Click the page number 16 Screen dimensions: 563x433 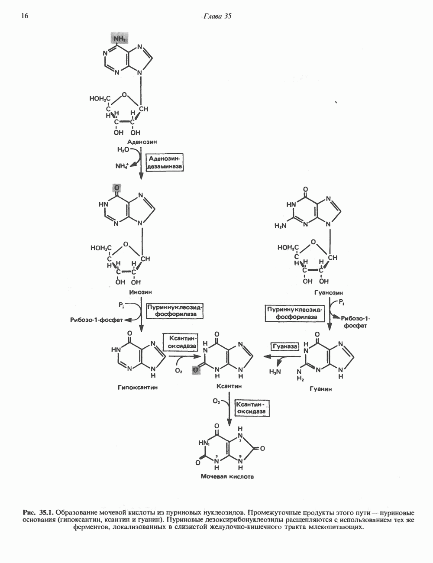click(24, 16)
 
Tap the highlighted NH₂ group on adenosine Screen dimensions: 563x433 click(120, 39)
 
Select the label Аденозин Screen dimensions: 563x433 click(142, 142)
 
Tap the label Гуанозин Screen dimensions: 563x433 click(329, 293)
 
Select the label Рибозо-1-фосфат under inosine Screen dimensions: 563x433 click(97, 320)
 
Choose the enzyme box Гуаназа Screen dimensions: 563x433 click(285, 346)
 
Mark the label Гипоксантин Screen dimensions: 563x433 click(138, 388)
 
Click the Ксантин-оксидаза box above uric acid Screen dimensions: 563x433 click(251, 408)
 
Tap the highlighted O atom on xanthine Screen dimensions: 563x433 click(197, 370)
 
